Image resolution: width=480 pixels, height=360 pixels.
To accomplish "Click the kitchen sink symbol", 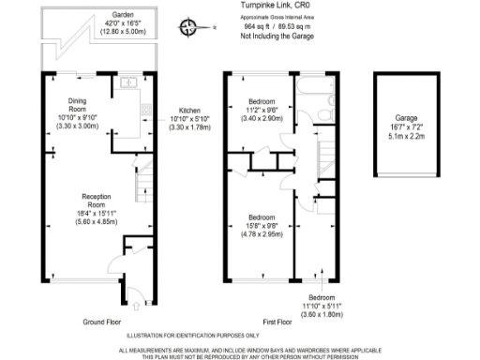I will tap(128, 88).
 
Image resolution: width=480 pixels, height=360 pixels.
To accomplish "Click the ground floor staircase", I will tap(142, 184).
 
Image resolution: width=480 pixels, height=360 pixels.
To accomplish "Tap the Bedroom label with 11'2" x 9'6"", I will tap(261, 109).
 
